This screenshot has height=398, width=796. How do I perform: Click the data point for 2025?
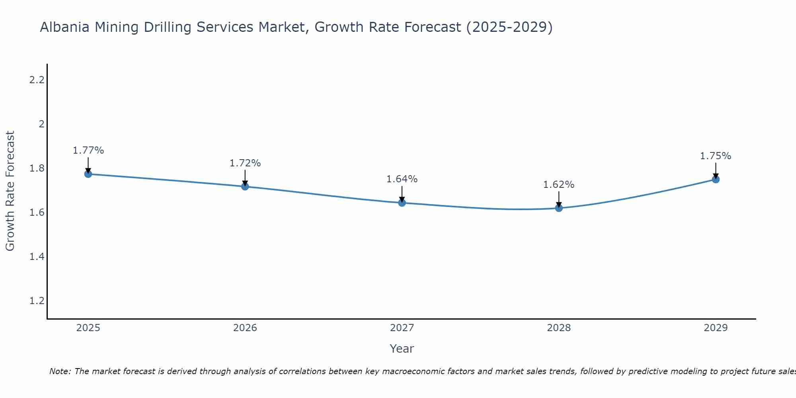point(88,174)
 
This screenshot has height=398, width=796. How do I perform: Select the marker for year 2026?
point(245,186)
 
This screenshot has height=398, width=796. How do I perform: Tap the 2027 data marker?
point(402,203)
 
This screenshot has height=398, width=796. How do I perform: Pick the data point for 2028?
point(559,208)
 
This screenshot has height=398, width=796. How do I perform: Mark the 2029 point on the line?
point(716,179)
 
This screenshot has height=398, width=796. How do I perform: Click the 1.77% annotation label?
point(88,150)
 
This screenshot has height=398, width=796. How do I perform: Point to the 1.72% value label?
point(245,163)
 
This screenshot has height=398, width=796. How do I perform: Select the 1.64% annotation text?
point(402,179)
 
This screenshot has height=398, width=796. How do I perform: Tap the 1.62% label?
point(559,185)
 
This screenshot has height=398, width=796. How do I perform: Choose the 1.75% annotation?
point(716,156)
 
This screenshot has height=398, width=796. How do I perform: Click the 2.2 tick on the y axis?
point(37,80)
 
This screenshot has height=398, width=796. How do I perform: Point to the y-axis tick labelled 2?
point(41,124)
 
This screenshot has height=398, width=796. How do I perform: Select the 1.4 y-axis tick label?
point(37,256)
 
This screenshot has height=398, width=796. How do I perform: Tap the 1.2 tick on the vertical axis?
point(37,300)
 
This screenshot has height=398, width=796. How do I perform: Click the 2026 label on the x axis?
point(245,328)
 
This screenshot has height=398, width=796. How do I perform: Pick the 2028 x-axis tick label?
point(559,328)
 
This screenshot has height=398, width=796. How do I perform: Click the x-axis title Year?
point(402,349)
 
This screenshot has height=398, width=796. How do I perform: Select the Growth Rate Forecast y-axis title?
point(10,191)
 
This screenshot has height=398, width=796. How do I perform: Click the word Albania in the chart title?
point(65,27)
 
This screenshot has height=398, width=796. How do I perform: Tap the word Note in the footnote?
point(59,371)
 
